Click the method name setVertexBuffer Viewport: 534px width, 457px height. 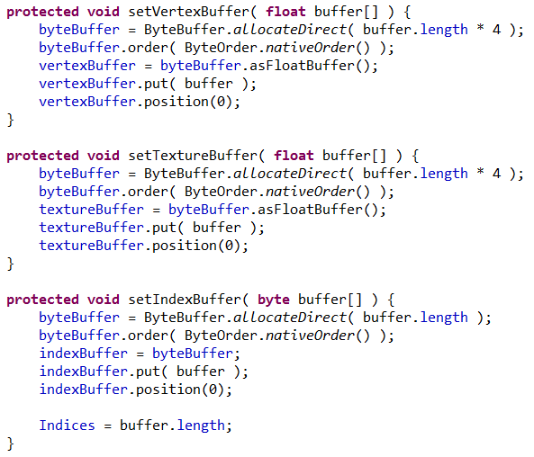point(189,12)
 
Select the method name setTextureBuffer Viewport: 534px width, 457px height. point(193,156)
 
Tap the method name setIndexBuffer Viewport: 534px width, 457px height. point(185,300)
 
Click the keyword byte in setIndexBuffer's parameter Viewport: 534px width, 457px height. point(274,300)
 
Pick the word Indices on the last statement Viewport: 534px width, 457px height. point(68,426)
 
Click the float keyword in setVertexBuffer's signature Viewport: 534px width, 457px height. point(285,12)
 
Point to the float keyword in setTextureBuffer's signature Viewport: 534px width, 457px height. point(294,156)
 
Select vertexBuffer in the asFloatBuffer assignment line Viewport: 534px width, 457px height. point(87,66)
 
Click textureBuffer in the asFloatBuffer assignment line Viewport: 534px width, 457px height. point(92,210)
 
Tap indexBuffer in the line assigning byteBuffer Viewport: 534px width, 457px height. point(84,354)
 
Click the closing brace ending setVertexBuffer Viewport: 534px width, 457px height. point(11,121)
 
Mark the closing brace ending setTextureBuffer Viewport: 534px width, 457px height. point(11,264)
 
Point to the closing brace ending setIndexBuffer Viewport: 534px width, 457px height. point(11,444)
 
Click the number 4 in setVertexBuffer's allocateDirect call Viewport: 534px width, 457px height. point(497,30)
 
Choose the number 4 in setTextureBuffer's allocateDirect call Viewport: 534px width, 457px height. point(497,174)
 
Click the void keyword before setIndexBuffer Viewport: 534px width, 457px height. point(104,300)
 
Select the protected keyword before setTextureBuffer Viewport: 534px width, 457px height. point(43,157)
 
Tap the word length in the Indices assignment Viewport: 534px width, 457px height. point(201,426)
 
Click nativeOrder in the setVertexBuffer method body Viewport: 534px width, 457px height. point(310,48)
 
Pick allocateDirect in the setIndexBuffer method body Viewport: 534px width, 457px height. point(290,318)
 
